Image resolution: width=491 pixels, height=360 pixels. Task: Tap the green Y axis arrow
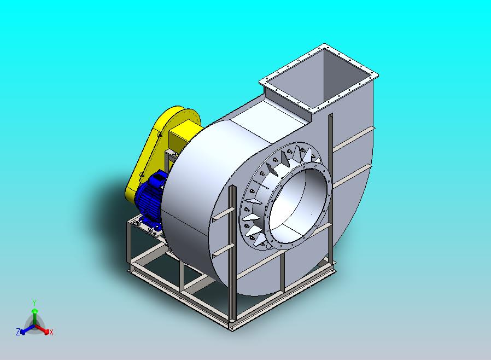tap(35, 317)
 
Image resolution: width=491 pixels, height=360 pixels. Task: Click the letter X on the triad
tap(51, 333)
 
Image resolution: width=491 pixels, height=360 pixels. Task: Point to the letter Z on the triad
tap(18, 332)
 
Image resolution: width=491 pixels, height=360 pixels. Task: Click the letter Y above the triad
tap(34, 303)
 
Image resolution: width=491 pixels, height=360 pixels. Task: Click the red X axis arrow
tap(42, 329)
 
